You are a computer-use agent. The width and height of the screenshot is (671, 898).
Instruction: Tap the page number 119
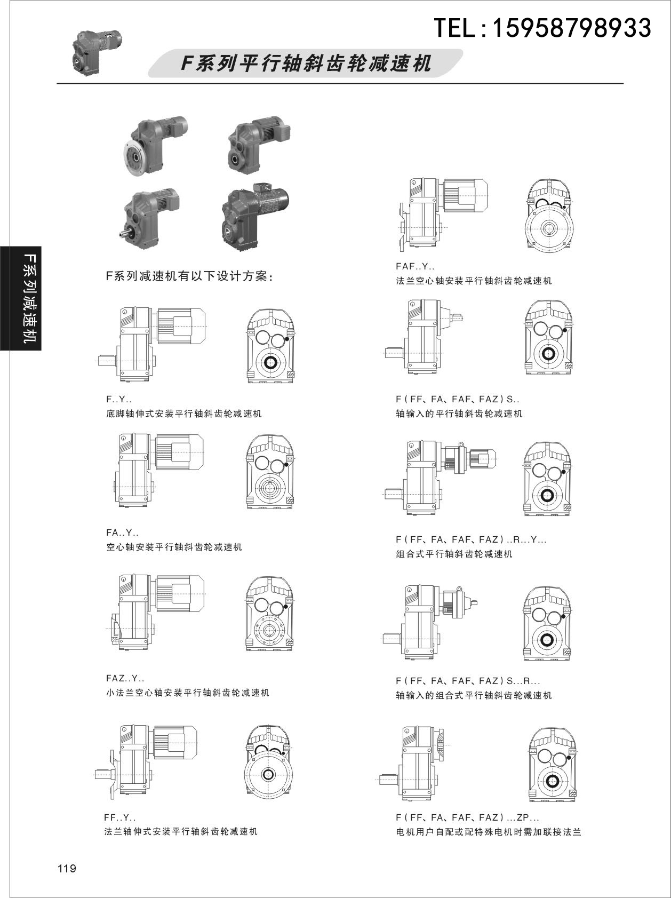point(67,869)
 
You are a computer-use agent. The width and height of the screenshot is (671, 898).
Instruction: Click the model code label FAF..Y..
point(415,266)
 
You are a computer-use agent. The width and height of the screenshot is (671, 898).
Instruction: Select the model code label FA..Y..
point(123,533)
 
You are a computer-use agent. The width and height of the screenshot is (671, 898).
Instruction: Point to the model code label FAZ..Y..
point(125,679)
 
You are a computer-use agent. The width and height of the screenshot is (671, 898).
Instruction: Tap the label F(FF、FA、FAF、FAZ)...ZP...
point(467,817)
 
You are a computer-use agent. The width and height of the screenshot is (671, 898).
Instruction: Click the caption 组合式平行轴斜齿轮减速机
point(454,554)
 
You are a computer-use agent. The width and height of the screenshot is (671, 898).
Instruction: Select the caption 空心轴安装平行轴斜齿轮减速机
point(174,547)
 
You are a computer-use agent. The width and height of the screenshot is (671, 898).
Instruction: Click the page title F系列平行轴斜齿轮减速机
point(306,64)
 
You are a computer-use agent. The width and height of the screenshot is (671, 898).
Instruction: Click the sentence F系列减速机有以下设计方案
point(189,277)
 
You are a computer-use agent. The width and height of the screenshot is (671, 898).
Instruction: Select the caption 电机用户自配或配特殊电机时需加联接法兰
point(488,832)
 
